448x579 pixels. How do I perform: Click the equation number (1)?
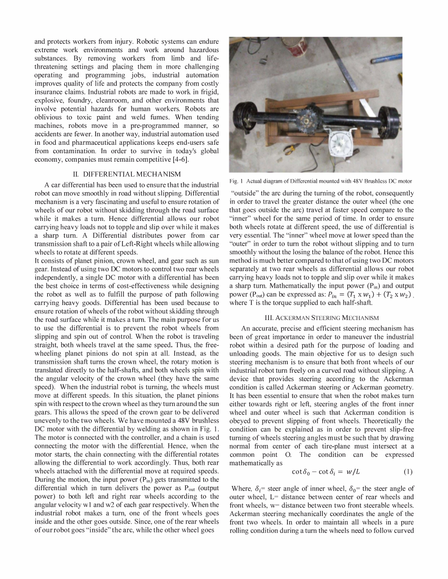pos(408,471)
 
